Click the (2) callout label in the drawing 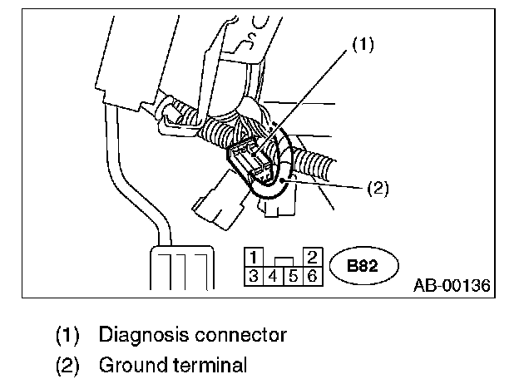click(378, 189)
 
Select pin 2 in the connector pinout click(312, 256)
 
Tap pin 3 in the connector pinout click(253, 275)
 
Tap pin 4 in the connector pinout click(273, 275)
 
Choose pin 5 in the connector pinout click(293, 275)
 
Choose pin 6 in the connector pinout click(312, 275)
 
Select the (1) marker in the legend click(67, 336)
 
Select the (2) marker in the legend click(67, 364)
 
